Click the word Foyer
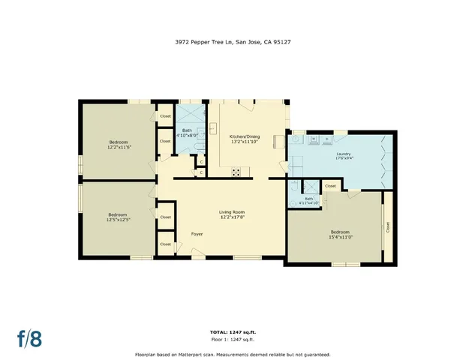[x=197, y=234]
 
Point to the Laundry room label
[x=344, y=154]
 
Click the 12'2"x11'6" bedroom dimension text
[x=118, y=147]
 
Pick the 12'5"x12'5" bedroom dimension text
[x=118, y=219]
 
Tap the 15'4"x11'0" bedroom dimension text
[x=340, y=237]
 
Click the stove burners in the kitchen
[x=237, y=172]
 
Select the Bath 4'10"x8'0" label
[x=186, y=133]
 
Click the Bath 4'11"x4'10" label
[x=309, y=201]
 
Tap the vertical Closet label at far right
[x=388, y=226]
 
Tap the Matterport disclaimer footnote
[x=232, y=353]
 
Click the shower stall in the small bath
[x=295, y=188]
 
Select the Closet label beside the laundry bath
[x=330, y=186]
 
